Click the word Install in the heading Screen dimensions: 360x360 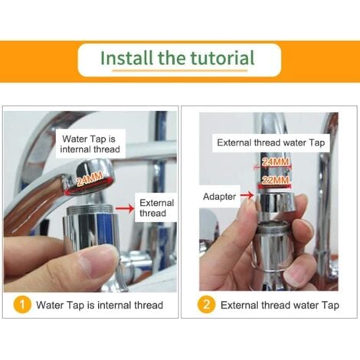click(127, 57)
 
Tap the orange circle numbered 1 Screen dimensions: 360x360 click(22, 304)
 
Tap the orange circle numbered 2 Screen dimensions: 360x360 click(206, 304)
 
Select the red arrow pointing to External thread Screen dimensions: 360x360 click(125, 208)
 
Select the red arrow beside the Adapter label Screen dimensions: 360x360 click(247, 195)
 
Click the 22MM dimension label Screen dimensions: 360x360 click(275, 180)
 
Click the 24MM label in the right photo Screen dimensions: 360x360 click(275, 162)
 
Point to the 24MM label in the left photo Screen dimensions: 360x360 click(90, 178)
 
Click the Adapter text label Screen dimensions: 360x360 click(219, 197)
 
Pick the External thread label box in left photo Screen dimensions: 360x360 click(156, 208)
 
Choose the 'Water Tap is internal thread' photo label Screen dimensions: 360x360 click(90, 144)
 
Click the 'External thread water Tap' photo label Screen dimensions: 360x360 click(271, 142)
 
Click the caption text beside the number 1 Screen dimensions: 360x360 click(100, 305)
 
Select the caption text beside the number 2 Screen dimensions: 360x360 click(280, 305)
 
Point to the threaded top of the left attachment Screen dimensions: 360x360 click(90, 210)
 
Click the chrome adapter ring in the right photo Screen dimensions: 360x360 click(277, 203)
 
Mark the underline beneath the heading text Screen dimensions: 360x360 click(180, 70)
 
